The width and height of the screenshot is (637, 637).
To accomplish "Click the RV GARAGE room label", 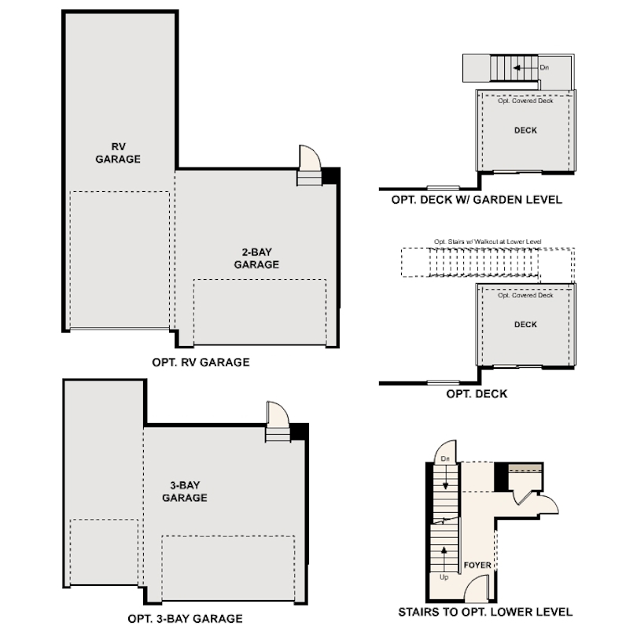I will point(118,153).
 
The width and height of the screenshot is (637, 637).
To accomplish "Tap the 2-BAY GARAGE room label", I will point(256,259).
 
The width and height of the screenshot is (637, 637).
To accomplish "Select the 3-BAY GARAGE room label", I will point(185,492).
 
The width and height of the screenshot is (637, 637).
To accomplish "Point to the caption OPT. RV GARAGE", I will point(201,363).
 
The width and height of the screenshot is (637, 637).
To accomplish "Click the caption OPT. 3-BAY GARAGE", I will point(185,618).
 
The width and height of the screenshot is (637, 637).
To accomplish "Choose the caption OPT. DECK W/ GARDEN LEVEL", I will point(477,200).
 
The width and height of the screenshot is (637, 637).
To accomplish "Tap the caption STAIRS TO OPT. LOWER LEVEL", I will point(485,612).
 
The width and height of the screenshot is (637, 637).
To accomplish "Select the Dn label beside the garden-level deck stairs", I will point(544,68).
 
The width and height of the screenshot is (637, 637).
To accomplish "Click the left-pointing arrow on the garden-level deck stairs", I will point(519,68).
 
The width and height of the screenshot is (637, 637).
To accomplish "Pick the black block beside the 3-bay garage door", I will point(299,431).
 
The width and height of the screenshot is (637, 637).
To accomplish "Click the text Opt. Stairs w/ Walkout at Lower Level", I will point(488,241).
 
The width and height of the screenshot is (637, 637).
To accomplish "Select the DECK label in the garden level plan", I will point(525,131).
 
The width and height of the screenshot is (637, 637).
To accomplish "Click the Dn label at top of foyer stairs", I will point(445,458).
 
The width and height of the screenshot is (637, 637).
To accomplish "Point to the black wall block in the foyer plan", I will point(501,477).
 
